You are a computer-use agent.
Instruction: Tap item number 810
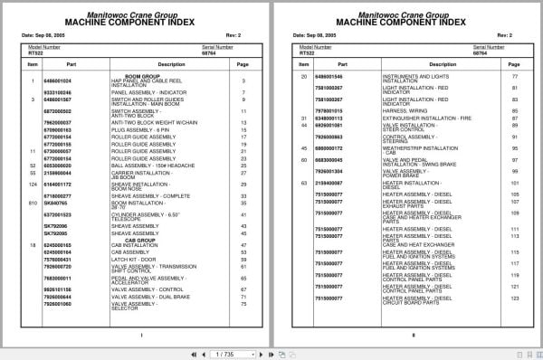[31, 204]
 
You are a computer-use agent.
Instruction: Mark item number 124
[31, 185]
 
